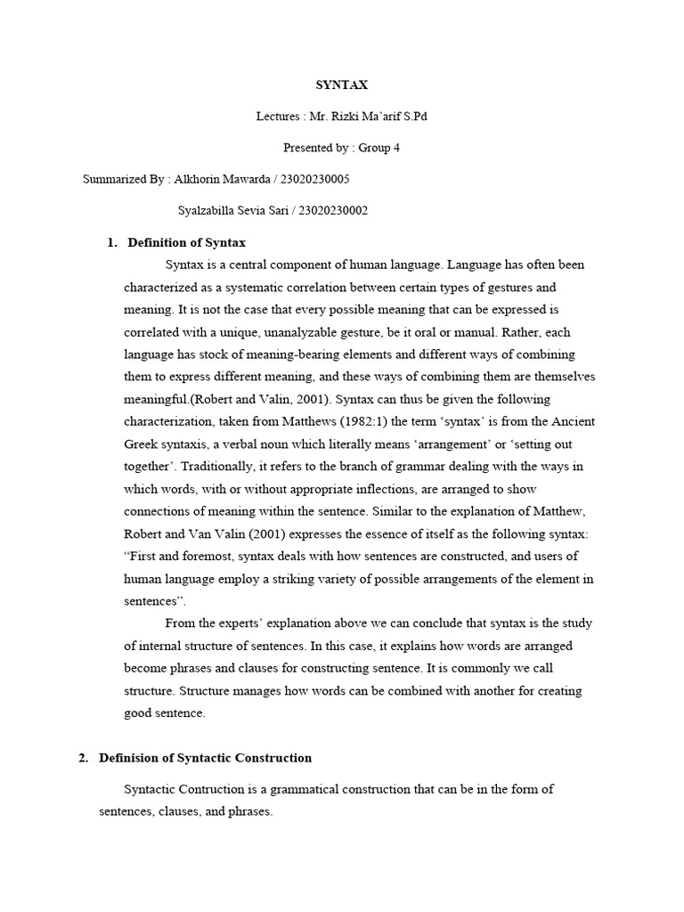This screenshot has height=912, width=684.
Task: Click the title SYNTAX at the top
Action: pyautogui.click(x=342, y=85)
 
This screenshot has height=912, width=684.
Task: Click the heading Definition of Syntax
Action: pyautogui.click(x=186, y=242)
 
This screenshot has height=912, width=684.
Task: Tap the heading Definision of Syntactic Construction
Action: pyautogui.click(x=205, y=758)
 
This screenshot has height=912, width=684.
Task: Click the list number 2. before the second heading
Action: pyautogui.click(x=84, y=758)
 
